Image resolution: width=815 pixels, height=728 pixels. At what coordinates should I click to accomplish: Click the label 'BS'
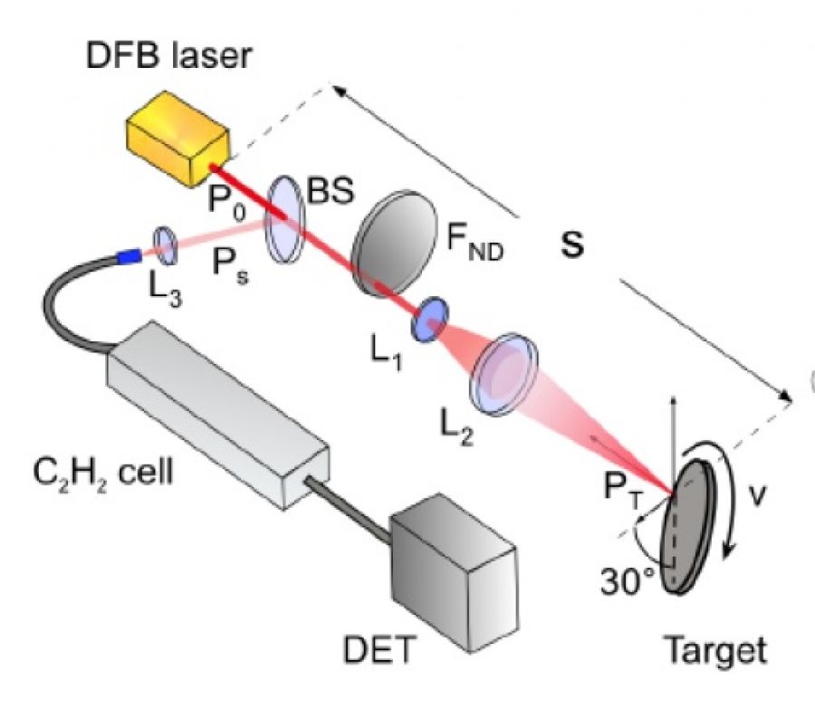point(329,192)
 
